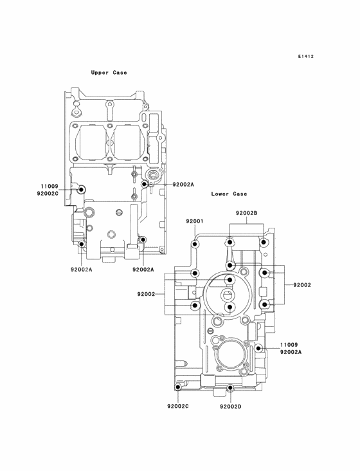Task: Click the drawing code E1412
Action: tap(306, 56)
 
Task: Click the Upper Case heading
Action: tap(109, 73)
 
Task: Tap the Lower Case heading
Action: tap(229, 194)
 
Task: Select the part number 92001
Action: tap(194, 221)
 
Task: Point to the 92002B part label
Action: tap(246, 213)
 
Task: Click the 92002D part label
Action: tap(230, 407)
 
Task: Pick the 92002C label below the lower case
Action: tap(178, 407)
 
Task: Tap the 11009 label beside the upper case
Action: tap(50, 187)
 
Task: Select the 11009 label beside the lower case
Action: tap(289, 345)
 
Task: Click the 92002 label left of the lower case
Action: tap(146, 294)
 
